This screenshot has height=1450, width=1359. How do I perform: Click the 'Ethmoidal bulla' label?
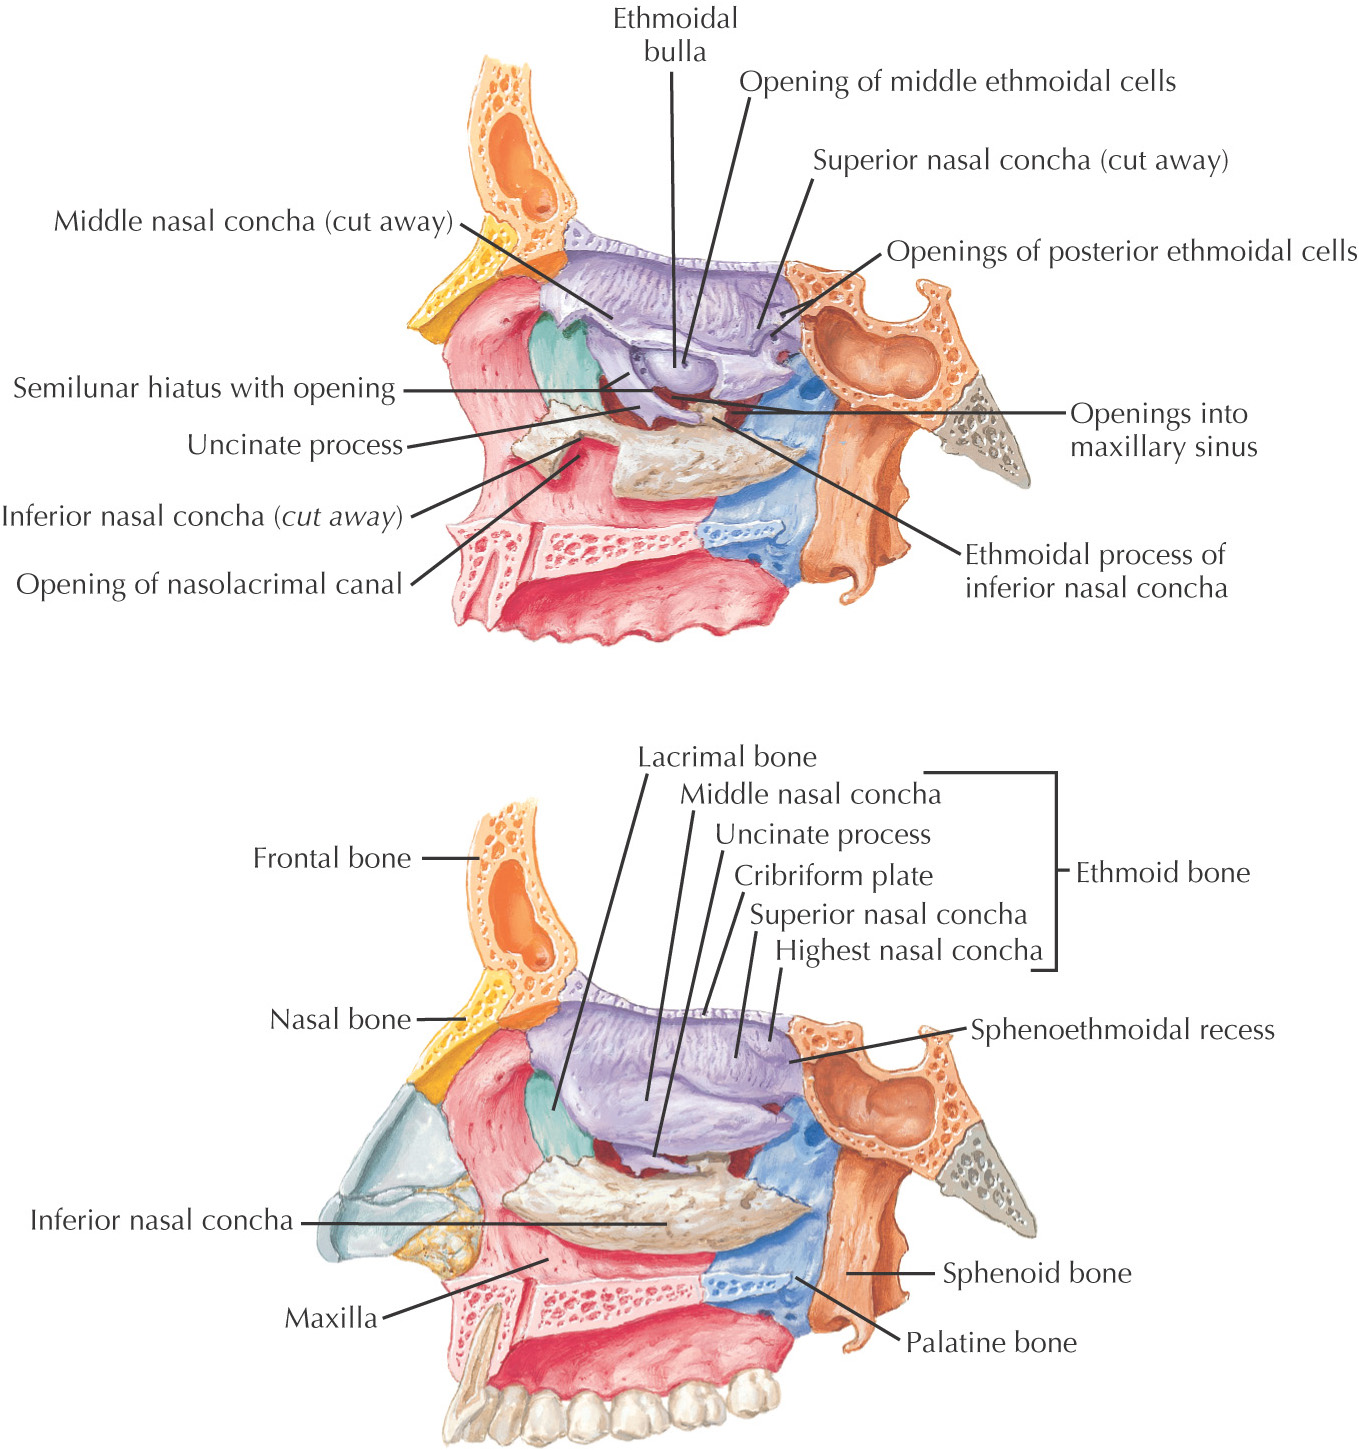tap(675, 35)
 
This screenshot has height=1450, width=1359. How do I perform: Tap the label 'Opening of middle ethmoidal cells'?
tap(957, 82)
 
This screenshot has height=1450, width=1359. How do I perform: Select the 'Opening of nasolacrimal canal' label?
tap(209, 584)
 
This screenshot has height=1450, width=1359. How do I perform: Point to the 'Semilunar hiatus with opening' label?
tap(204, 388)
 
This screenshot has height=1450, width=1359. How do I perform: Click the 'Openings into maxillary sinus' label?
tap(1163, 430)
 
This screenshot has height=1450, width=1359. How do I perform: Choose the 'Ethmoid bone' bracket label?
tap(1162, 873)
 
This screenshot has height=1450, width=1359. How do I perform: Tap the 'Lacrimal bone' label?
tap(727, 757)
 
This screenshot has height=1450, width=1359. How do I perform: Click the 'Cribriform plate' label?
tap(833, 876)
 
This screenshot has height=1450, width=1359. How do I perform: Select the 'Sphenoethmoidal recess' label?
tap(1122, 1030)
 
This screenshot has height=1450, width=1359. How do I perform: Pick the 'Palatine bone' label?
tap(991, 1342)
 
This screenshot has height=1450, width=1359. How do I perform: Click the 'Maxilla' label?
tap(331, 1318)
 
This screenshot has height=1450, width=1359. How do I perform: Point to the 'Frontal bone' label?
tap(332, 858)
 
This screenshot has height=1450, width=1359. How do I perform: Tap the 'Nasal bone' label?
tap(340, 1020)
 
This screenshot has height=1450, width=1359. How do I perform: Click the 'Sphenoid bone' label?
tap(1037, 1273)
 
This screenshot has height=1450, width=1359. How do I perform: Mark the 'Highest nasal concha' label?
tap(908, 950)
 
